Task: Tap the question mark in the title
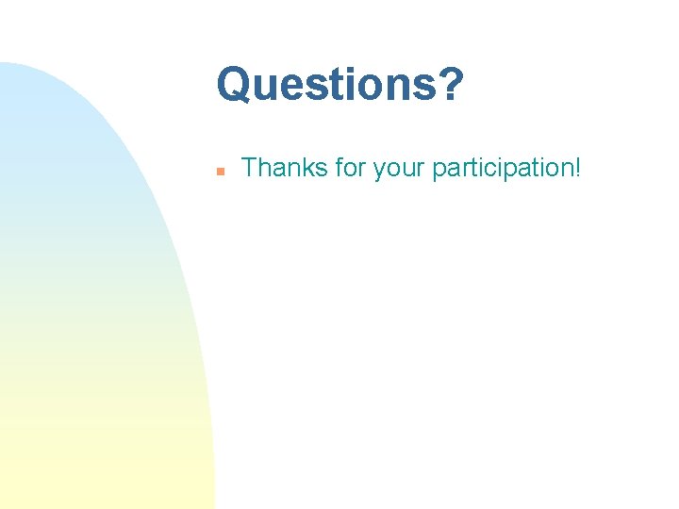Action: [x=452, y=85]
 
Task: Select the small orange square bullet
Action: [x=219, y=172]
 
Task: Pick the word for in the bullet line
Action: [x=350, y=169]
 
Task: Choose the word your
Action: [x=400, y=171]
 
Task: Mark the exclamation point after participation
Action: [x=578, y=169]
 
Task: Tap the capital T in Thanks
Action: [x=250, y=169]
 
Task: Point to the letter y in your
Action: [x=379, y=172]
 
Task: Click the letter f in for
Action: [x=338, y=169]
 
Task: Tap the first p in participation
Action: [x=439, y=172]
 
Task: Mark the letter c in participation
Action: [x=493, y=171]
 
